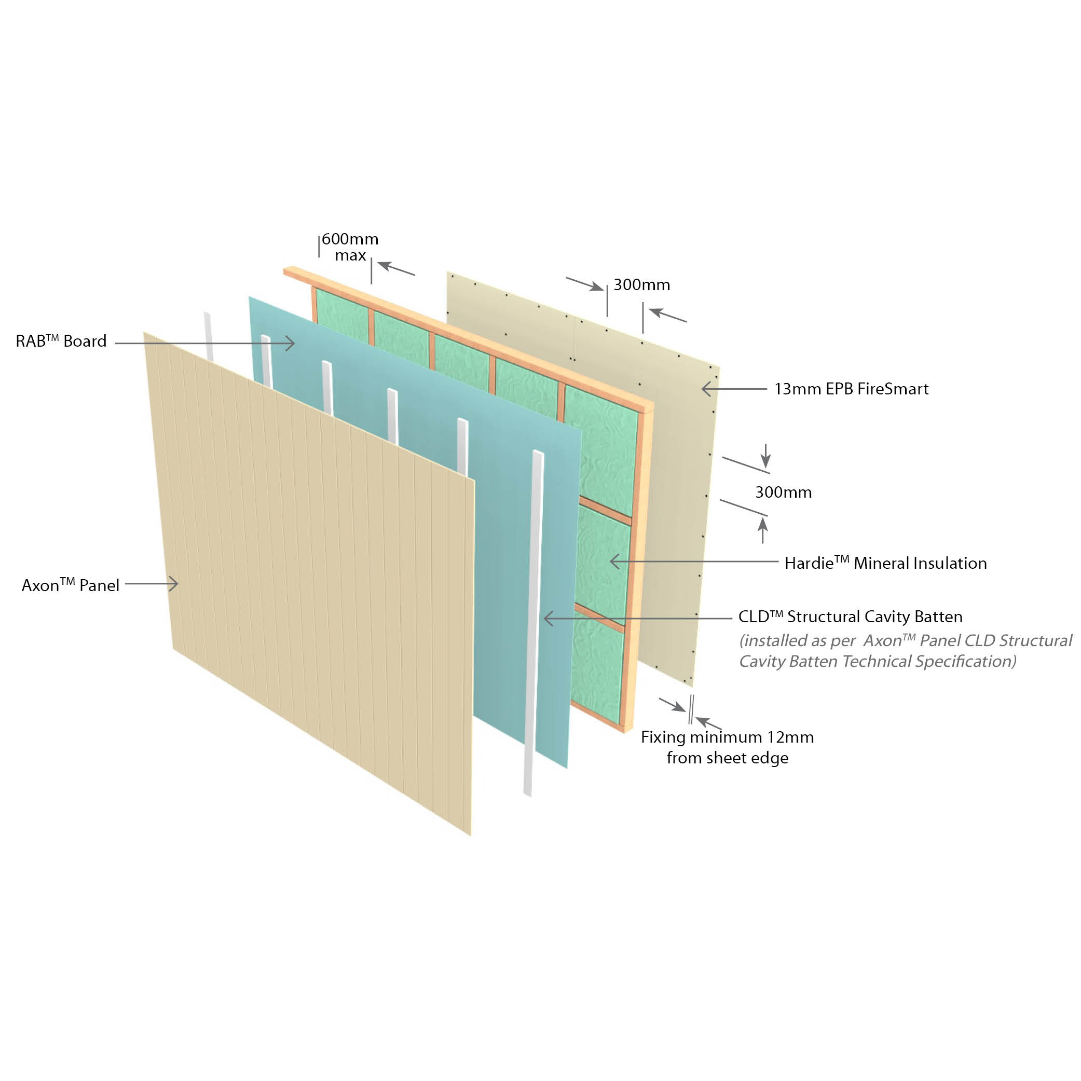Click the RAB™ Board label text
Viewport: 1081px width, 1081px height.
pos(61,341)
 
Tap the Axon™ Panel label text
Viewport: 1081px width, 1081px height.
pos(71,585)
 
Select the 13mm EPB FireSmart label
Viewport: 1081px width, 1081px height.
pos(851,389)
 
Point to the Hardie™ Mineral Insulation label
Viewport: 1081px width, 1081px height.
pos(886,563)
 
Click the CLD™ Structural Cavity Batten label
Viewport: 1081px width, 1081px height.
pos(851,616)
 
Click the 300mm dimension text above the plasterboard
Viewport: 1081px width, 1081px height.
pos(642,284)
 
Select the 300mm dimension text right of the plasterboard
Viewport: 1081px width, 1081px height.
pos(783,492)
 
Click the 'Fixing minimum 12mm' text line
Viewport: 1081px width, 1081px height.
pos(728,737)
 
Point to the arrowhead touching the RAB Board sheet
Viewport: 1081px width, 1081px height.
pos(290,344)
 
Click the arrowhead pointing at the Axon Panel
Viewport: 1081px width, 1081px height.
pos(173,584)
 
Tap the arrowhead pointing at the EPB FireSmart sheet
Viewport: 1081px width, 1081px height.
pos(707,388)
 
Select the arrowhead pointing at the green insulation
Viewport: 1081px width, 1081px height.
pos(615,560)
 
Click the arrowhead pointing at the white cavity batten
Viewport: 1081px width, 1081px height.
pos(549,618)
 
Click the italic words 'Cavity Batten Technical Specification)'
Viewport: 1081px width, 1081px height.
pos(878,661)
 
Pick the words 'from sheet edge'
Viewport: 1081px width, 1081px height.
pos(728,758)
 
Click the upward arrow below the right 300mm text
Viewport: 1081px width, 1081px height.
pos(763,530)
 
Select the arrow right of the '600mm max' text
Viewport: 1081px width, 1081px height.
pos(396,268)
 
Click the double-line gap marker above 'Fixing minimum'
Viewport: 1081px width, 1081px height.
pos(692,709)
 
